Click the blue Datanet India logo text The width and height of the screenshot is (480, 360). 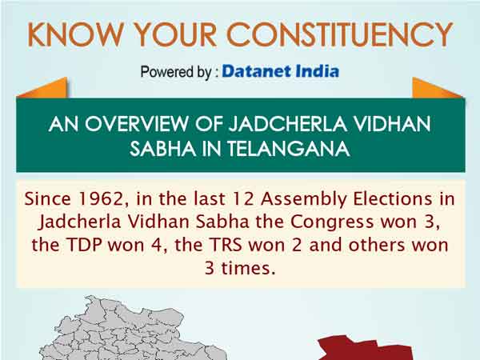click(280, 71)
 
